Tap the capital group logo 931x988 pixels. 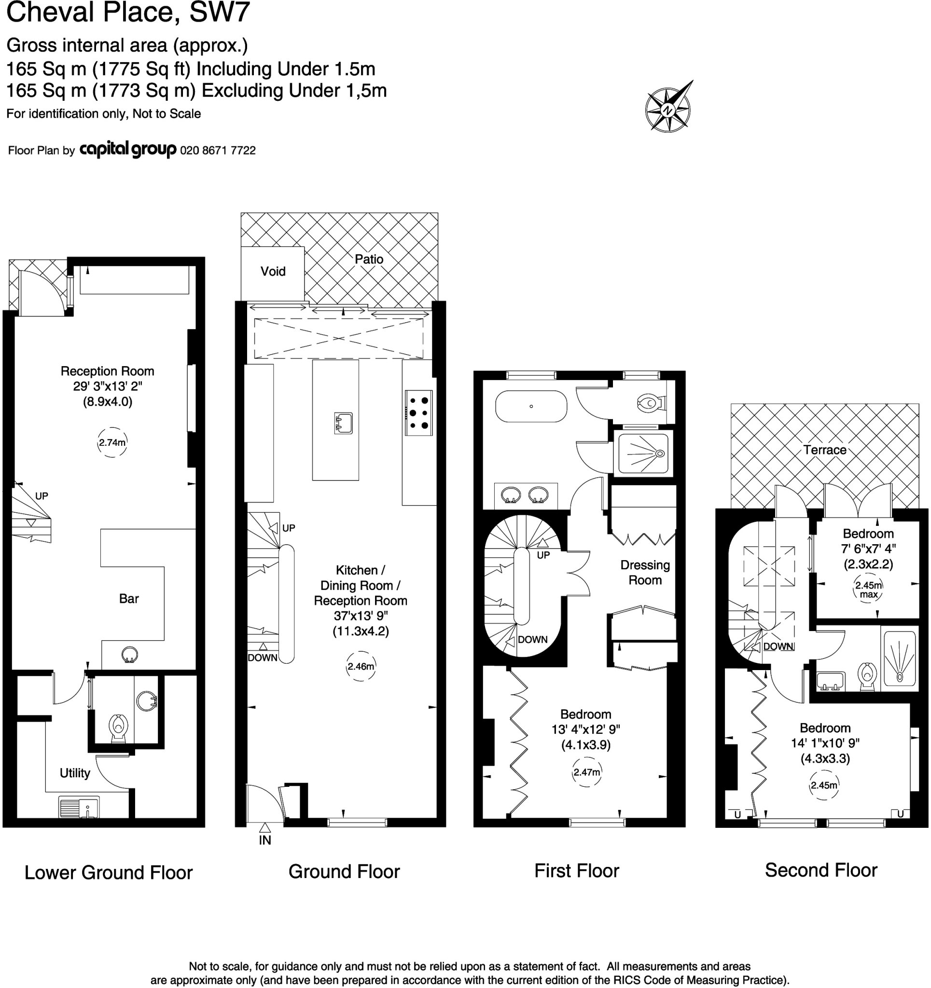coord(128,150)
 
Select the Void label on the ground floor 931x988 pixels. coord(273,271)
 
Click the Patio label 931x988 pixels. coord(369,259)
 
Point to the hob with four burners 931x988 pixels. coord(418,413)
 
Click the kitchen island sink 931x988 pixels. coord(343,423)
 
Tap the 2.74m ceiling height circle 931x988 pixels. coord(112,442)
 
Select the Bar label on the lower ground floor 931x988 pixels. coord(129,598)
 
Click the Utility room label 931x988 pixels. coord(75,773)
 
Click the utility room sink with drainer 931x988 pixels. coord(79,807)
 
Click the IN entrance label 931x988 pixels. coord(264,840)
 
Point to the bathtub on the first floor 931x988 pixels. coord(531,407)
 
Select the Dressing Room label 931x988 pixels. coord(644,573)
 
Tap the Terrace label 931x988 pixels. coord(824,450)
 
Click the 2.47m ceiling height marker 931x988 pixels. coord(586,772)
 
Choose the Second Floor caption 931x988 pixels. coord(820,870)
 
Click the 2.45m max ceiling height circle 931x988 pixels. coord(868,590)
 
